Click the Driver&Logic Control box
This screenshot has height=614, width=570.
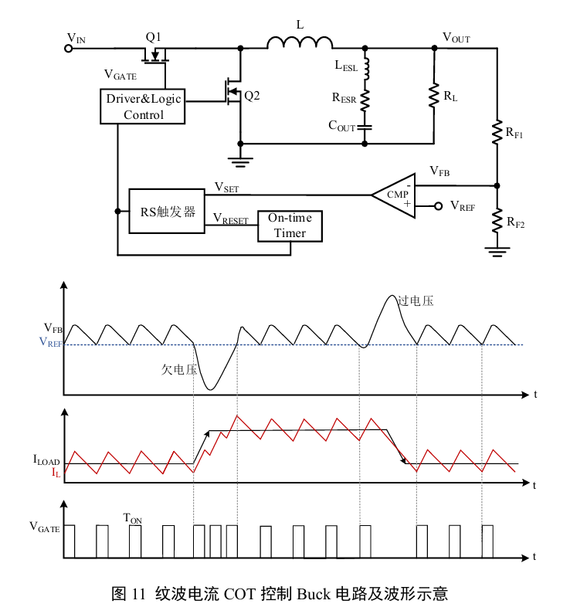point(144,107)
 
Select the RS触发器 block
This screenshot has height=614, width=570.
point(167,211)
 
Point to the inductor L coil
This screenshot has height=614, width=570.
point(300,42)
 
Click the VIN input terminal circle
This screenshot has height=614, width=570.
point(68,48)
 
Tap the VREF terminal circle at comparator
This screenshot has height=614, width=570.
point(437,206)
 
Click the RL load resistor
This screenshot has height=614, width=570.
point(434,97)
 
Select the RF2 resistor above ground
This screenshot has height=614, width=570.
point(497,222)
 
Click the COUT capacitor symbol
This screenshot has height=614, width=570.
point(365,125)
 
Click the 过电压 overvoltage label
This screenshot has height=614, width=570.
point(416,300)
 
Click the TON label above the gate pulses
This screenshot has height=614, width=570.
point(133,518)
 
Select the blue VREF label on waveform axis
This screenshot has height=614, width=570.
point(50,344)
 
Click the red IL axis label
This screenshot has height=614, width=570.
point(56,472)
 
